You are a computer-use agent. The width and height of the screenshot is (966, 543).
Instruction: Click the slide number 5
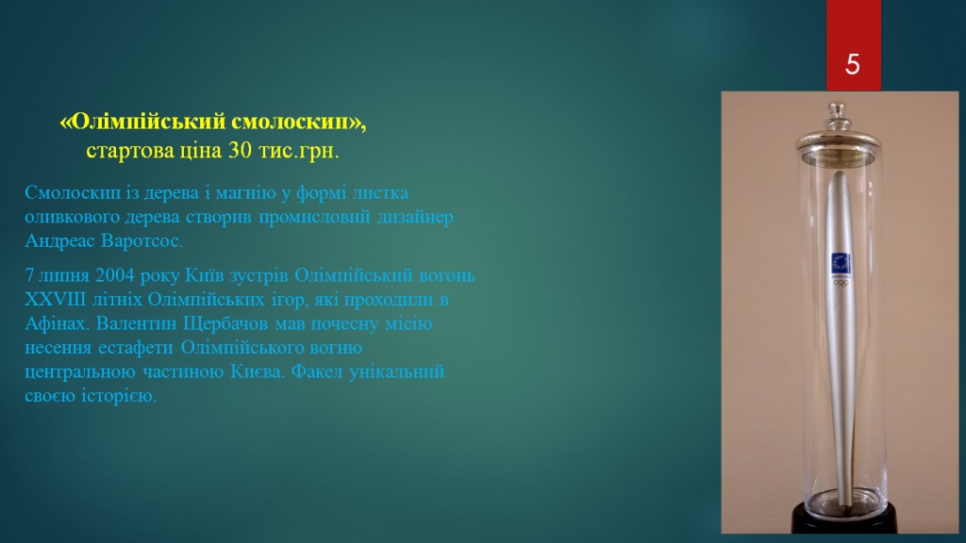tap(853, 64)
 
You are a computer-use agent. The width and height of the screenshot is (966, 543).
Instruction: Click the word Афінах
tap(58, 323)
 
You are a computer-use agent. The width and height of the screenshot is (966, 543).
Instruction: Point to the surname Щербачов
tap(225, 324)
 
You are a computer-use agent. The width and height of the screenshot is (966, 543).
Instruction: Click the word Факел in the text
tap(317, 371)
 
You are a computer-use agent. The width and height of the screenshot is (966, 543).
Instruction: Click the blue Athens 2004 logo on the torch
tap(841, 263)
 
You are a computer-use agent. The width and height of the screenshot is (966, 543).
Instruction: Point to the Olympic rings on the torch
tap(841, 283)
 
